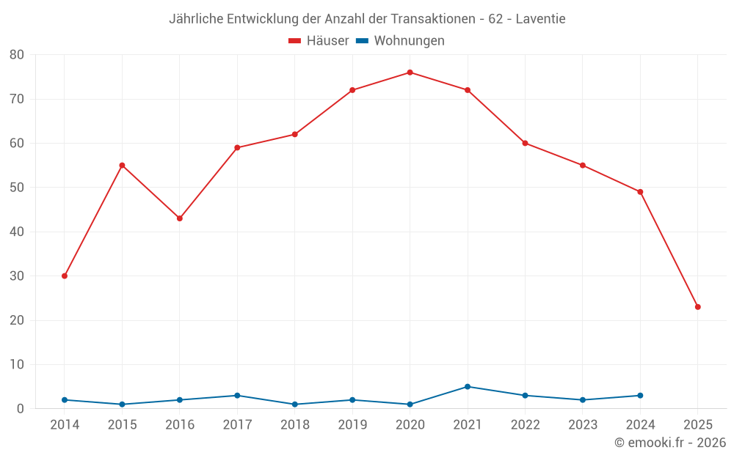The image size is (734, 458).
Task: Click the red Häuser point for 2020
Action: [x=410, y=73]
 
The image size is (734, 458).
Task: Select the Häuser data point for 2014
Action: [x=65, y=276]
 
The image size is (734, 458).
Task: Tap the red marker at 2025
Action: [x=697, y=307]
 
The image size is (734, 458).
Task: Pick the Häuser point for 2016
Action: [x=180, y=218]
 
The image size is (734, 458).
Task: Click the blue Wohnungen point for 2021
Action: [x=468, y=387]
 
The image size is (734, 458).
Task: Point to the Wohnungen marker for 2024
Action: [x=640, y=396]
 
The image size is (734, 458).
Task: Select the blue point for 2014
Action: [x=65, y=400]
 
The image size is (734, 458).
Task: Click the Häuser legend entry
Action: [x=319, y=41]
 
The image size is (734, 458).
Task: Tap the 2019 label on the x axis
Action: [x=352, y=425]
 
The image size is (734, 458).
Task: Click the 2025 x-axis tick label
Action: [x=697, y=425]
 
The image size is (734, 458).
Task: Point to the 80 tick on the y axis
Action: [x=17, y=55]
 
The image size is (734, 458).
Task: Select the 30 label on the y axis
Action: [x=17, y=276]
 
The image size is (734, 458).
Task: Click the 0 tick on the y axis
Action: [x=21, y=409]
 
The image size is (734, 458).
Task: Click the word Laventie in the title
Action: [x=540, y=19]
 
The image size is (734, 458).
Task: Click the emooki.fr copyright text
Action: [x=670, y=443]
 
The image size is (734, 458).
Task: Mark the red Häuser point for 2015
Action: [x=122, y=166]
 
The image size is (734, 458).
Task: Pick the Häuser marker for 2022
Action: [x=525, y=143]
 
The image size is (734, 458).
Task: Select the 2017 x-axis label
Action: [x=237, y=425]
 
